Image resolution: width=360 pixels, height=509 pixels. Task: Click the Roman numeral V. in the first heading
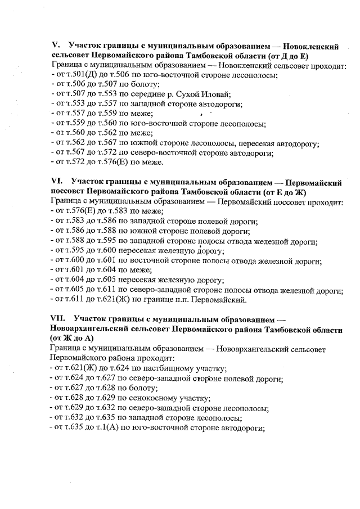(x=55, y=44)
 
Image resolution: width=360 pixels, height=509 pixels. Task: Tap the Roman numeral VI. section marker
(x=57, y=182)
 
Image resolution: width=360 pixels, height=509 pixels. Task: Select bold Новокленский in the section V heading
(x=312, y=44)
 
